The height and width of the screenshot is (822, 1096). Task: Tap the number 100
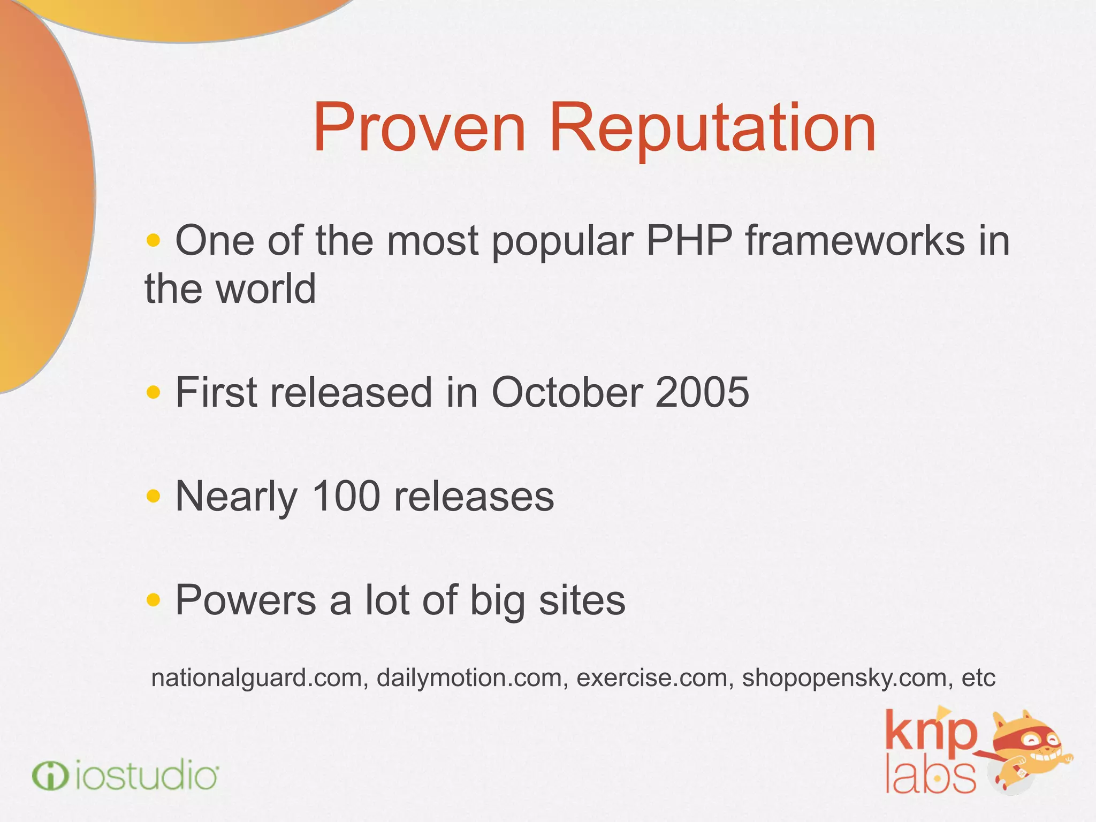(x=346, y=497)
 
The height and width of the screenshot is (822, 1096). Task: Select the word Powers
(x=246, y=600)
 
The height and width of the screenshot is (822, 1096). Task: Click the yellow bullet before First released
(x=153, y=393)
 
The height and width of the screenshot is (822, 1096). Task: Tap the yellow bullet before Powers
(x=153, y=600)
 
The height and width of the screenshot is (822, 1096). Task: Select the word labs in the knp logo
(x=930, y=775)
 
